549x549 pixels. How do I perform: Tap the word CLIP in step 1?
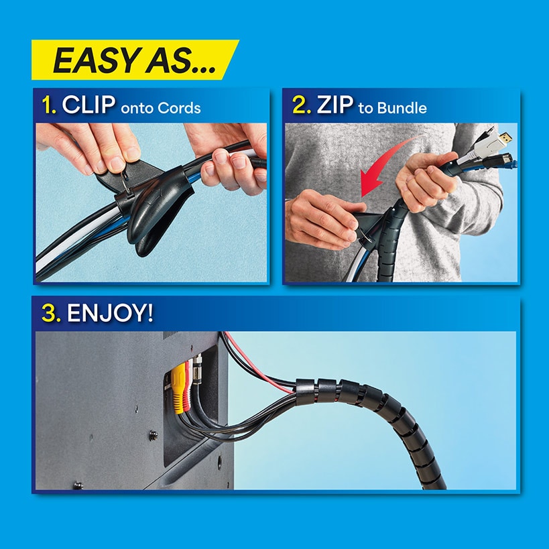tap(89, 106)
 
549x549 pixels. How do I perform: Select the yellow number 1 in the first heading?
tap(48, 106)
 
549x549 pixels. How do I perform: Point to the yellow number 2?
tap(300, 107)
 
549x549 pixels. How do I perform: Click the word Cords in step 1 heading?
tap(179, 108)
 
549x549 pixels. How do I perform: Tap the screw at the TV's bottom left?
tap(78, 484)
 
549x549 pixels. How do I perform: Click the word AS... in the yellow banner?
tap(180, 61)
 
